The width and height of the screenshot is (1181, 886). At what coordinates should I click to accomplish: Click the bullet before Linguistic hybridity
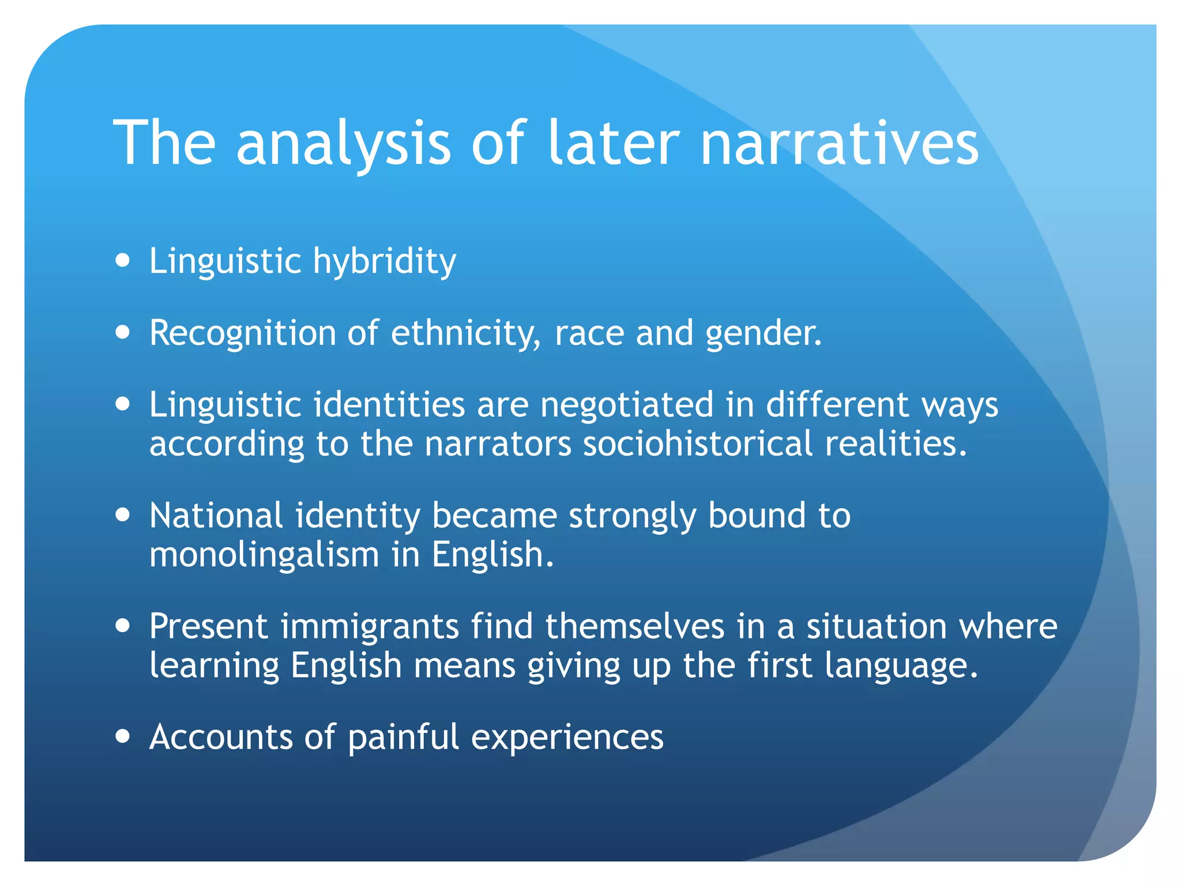122,261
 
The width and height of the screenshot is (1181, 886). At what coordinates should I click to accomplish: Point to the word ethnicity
466,335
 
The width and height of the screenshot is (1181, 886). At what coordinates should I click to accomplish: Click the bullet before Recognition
122,333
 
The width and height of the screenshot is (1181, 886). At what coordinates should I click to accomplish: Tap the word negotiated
627,404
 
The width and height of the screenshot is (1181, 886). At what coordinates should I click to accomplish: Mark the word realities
896,444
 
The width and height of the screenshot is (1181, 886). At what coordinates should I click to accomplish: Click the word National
216,515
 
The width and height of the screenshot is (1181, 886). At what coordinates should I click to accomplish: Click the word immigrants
370,627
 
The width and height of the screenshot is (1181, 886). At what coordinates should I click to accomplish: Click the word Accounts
221,737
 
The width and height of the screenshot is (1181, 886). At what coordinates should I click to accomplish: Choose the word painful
404,738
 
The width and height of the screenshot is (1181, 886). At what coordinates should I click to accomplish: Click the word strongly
633,516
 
